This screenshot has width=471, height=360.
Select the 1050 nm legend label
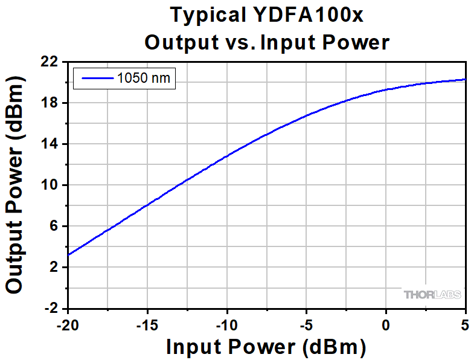pyautogui.click(x=144, y=78)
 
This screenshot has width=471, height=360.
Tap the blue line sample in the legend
pyautogui.click(x=97, y=78)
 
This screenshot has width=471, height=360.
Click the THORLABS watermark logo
pyautogui.click(x=432, y=295)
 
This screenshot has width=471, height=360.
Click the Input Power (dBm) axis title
pyautogui.click(x=266, y=347)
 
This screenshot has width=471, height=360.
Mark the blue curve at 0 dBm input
pyautogui.click(x=386, y=90)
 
